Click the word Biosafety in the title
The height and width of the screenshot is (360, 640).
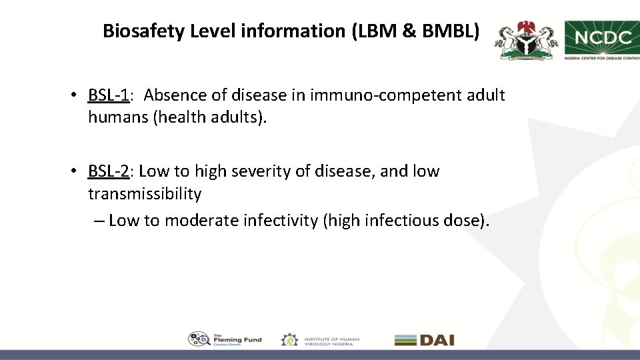pyautogui.click(x=143, y=31)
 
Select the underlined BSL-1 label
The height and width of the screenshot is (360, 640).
pyautogui.click(x=108, y=95)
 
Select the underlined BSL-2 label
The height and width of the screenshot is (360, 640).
pyautogui.click(x=108, y=171)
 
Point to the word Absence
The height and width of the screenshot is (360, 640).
pyautogui.click(x=180, y=95)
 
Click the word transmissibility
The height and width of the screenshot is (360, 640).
pyautogui.click(x=145, y=194)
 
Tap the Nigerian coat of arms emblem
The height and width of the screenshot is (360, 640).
pyautogui.click(x=526, y=41)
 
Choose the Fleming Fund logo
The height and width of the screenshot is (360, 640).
pyautogui.click(x=225, y=339)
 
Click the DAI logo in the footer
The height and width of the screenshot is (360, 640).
pyautogui.click(x=424, y=340)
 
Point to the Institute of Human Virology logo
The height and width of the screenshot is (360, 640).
pyautogui.click(x=321, y=340)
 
